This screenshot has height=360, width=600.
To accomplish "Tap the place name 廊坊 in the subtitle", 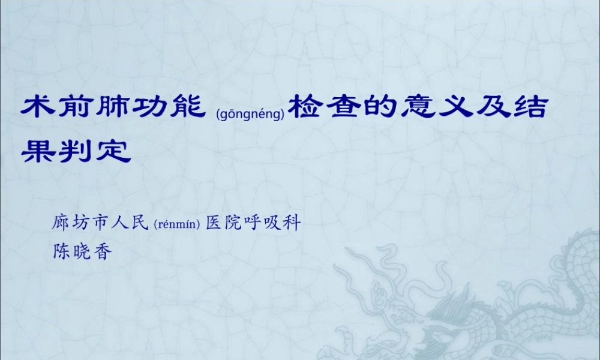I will (x=73, y=224).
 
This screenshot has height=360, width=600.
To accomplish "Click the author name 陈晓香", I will (x=82, y=252).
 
